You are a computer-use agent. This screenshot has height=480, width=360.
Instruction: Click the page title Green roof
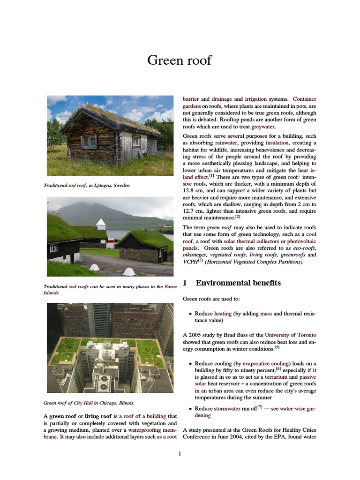[180, 60]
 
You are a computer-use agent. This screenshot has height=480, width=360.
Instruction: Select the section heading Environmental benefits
[238, 283]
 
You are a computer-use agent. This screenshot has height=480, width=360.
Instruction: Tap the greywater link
[263, 127]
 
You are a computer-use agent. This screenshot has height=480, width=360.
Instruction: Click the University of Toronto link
[290, 335]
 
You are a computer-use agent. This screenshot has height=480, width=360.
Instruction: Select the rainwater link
[226, 142]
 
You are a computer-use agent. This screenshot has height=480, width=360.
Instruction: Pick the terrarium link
[276, 376]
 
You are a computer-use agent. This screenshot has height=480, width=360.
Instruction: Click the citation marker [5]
[277, 347]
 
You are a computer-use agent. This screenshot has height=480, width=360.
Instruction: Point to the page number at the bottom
[180, 453]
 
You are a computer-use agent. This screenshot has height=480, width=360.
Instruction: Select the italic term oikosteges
[196, 255]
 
